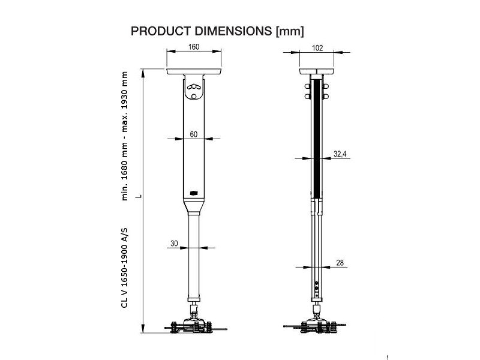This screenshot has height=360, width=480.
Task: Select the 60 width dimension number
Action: tap(194, 134)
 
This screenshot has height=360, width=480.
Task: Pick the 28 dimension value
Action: tap(339, 263)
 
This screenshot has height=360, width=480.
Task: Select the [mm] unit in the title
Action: tap(289, 31)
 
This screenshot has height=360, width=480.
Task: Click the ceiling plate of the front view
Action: tap(194, 73)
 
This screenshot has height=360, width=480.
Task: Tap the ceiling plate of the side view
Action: tap(316, 73)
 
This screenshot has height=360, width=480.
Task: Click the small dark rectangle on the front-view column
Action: tap(194, 193)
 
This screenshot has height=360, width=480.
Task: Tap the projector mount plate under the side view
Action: tap(316, 328)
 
